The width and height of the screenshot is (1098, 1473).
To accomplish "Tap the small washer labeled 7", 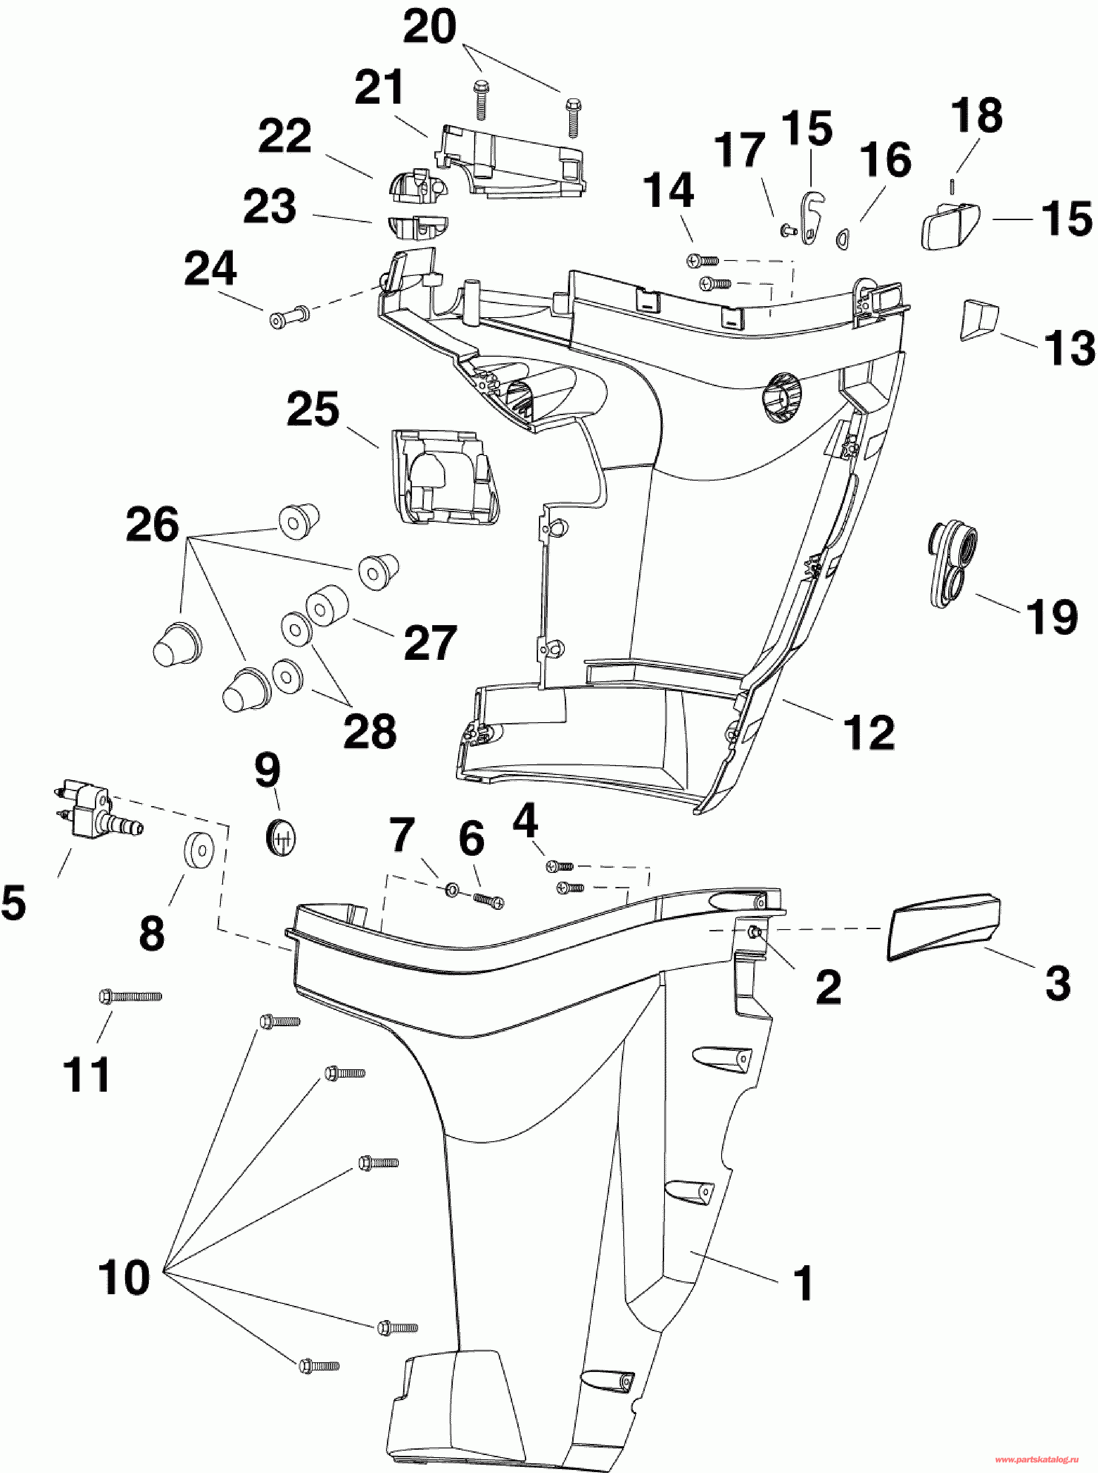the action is pos(451,889).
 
